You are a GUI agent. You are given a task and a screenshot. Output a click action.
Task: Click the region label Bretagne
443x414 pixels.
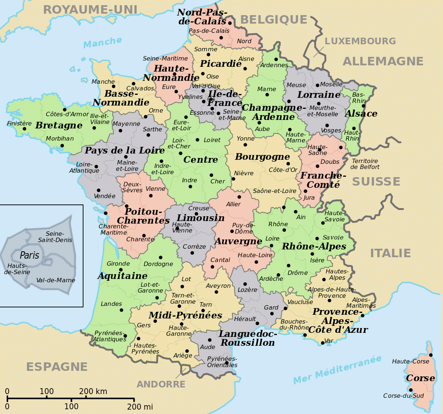click(59, 125)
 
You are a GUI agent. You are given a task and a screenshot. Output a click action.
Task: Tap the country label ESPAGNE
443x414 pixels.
click(57, 367)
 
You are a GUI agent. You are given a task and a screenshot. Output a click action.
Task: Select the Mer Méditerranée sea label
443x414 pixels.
click(337, 370)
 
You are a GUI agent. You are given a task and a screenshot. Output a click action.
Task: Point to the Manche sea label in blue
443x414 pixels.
click(103, 42)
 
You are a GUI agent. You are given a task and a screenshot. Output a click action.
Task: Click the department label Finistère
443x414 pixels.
click(19, 124)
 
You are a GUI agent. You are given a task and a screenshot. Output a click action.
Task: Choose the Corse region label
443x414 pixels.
click(420, 378)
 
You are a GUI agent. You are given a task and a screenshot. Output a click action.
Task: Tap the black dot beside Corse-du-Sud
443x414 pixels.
click(411, 390)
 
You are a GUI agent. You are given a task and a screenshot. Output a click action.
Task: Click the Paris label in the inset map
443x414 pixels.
click(30, 255)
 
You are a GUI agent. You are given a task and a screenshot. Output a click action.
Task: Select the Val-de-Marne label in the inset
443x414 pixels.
click(56, 280)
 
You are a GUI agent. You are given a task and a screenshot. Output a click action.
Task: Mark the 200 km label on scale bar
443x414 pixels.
click(93, 391)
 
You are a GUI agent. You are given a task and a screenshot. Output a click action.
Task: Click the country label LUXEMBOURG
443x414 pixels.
click(360, 41)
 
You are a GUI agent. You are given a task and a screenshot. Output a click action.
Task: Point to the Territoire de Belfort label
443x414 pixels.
click(365, 164)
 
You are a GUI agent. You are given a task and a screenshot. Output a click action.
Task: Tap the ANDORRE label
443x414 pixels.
click(161, 384)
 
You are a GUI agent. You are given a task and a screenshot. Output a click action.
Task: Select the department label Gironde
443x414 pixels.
click(118, 263)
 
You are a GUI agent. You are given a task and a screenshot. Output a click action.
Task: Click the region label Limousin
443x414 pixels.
click(200, 218)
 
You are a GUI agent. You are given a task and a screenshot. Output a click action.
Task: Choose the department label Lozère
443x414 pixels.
click(247, 290)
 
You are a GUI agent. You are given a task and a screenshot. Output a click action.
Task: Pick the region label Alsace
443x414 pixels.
click(361, 114)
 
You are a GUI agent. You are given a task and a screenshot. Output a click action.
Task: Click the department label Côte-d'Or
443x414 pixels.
click(283, 170)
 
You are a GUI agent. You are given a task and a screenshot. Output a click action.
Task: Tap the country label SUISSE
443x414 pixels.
click(376, 182)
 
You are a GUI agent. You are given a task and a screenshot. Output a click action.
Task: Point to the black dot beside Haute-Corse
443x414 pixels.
click(430, 355)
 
